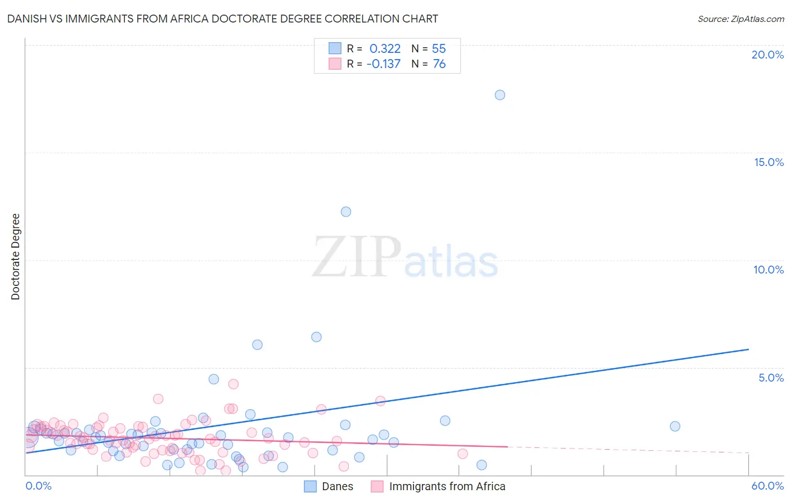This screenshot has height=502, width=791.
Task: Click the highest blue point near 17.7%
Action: pyautogui.click(x=500, y=95)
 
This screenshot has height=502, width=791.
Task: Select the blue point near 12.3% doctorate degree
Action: pyautogui.click(x=346, y=212)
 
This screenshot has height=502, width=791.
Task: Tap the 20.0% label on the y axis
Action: pyautogui.click(x=767, y=55)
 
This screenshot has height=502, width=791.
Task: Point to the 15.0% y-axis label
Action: pyautogui.click(x=768, y=162)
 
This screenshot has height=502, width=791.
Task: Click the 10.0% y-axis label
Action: pyautogui.click(x=768, y=270)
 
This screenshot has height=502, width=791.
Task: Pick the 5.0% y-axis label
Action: pyautogui.click(x=771, y=378)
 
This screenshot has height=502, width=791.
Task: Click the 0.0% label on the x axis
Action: pyautogui.click(x=38, y=486)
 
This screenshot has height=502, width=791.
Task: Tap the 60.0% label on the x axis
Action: pyautogui.click(x=767, y=486)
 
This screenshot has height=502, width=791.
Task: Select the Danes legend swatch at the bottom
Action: pyautogui.click(x=311, y=486)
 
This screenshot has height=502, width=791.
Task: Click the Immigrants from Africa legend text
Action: pyautogui.click(x=447, y=486)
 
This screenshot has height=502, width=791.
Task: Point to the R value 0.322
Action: pyautogui.click(x=385, y=49)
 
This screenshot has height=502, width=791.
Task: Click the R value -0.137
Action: pyautogui.click(x=383, y=64)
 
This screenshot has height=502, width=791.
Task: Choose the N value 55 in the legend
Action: pyautogui.click(x=439, y=49)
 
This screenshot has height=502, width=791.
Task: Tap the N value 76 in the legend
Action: pyautogui.click(x=439, y=64)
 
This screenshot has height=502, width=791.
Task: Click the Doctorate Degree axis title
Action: pyautogui.click(x=16, y=257)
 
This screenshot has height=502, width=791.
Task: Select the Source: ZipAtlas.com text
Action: pyautogui.click(x=740, y=19)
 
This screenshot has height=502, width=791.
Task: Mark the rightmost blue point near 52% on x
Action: pyautogui.click(x=675, y=426)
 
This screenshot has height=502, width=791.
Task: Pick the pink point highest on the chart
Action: pyautogui.click(x=233, y=384)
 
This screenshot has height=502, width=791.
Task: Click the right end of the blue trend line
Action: pyautogui.click(x=749, y=349)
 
